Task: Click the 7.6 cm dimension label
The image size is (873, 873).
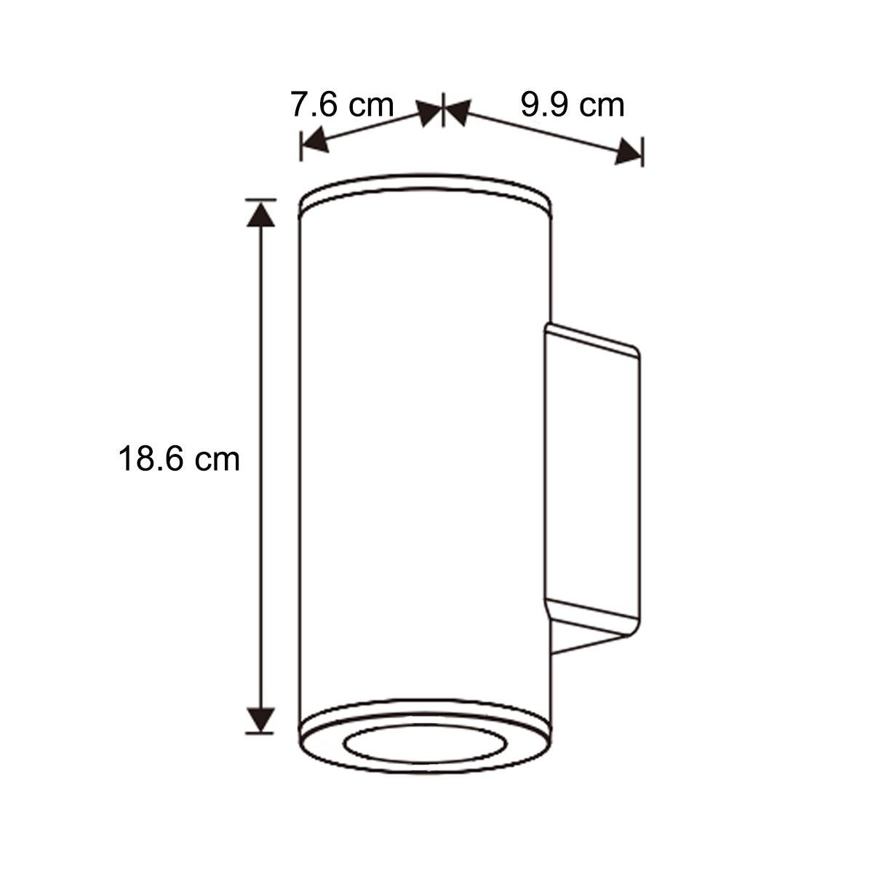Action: click(x=342, y=105)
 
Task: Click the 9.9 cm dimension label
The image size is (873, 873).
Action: click(x=572, y=105)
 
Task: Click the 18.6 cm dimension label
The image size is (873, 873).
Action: click(x=179, y=459)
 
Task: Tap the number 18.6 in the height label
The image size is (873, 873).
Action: click(x=151, y=459)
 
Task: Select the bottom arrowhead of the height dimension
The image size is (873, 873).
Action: click(x=260, y=719)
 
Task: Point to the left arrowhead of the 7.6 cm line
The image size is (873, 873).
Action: click(x=314, y=140)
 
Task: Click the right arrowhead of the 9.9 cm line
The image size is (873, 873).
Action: click(x=629, y=152)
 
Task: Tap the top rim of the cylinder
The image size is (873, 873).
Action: click(x=426, y=186)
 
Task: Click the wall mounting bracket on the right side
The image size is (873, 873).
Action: click(x=593, y=480)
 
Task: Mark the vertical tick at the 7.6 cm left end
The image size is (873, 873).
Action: click(x=300, y=146)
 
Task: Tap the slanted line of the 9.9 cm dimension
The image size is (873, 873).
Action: click(x=542, y=131)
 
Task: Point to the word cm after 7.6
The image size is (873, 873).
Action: click(x=370, y=105)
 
